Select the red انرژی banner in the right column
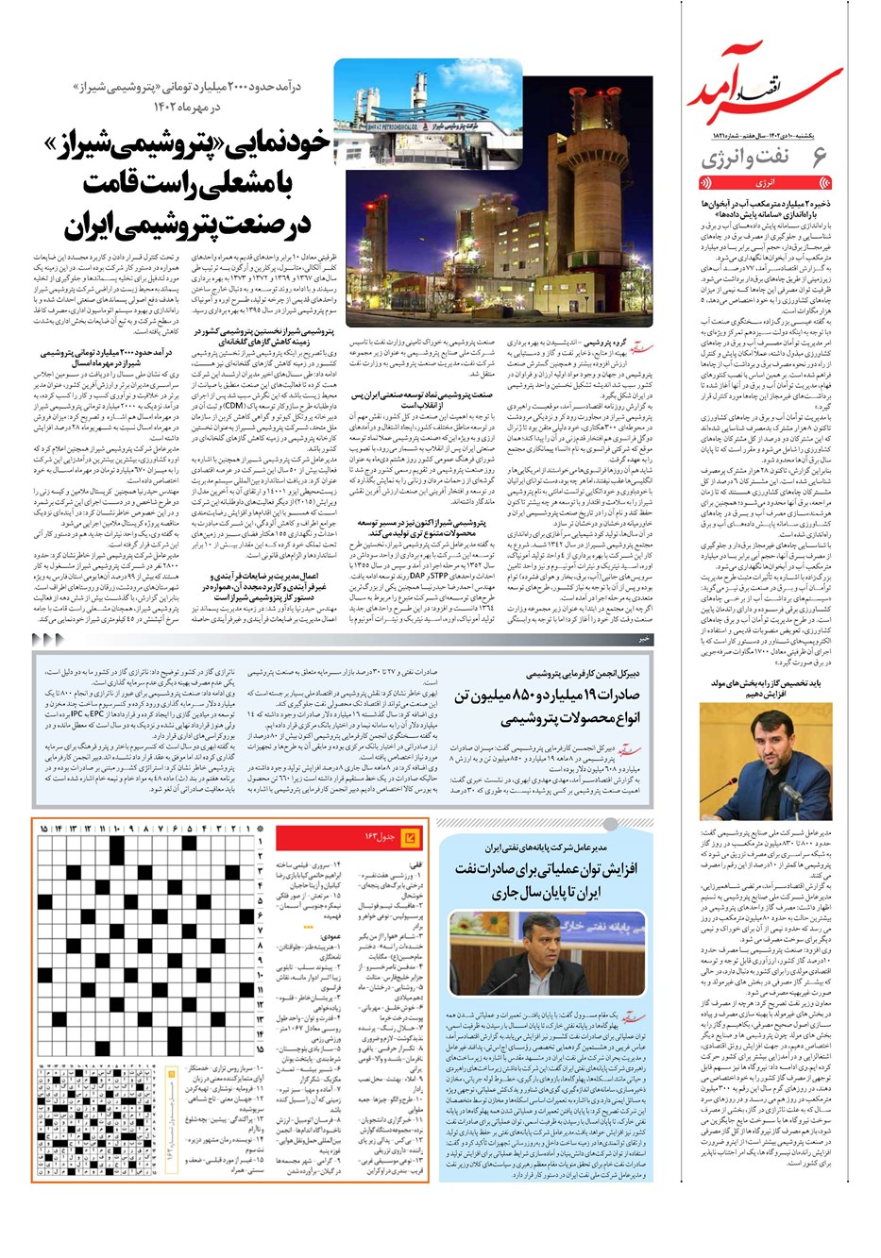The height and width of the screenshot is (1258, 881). click(765, 182)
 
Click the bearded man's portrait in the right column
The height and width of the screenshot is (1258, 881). click(766, 761)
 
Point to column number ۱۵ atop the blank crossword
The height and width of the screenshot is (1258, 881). click(44, 829)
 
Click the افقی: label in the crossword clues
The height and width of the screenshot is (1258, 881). click(415, 864)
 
